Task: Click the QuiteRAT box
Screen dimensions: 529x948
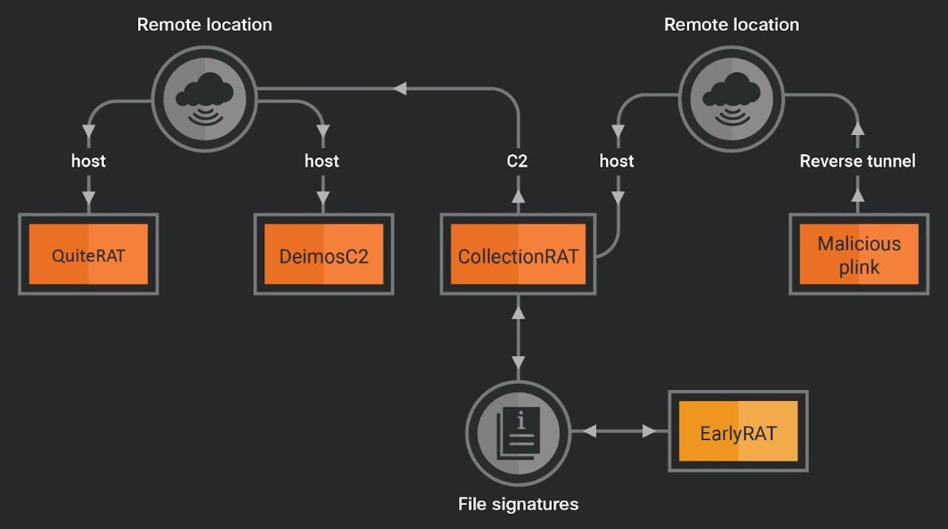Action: (88, 254)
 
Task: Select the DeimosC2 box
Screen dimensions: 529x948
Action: (323, 254)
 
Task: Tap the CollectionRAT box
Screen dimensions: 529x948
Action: (518, 254)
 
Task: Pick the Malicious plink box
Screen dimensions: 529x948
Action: (859, 254)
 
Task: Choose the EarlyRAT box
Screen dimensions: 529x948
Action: (738, 433)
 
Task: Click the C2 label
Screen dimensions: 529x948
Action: (518, 161)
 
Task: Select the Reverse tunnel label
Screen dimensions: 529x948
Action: (857, 161)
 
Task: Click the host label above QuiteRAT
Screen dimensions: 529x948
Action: (88, 161)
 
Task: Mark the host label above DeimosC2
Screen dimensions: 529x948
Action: (322, 161)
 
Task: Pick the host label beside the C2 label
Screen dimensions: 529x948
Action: (617, 161)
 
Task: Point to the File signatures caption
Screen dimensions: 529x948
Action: (518, 504)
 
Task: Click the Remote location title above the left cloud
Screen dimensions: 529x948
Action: (204, 25)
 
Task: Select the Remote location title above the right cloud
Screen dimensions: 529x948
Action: (731, 25)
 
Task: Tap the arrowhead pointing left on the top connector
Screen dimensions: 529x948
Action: (401, 88)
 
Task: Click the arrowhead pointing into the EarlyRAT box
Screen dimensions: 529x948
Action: (649, 431)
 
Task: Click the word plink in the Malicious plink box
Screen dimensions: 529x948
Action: (859, 267)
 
